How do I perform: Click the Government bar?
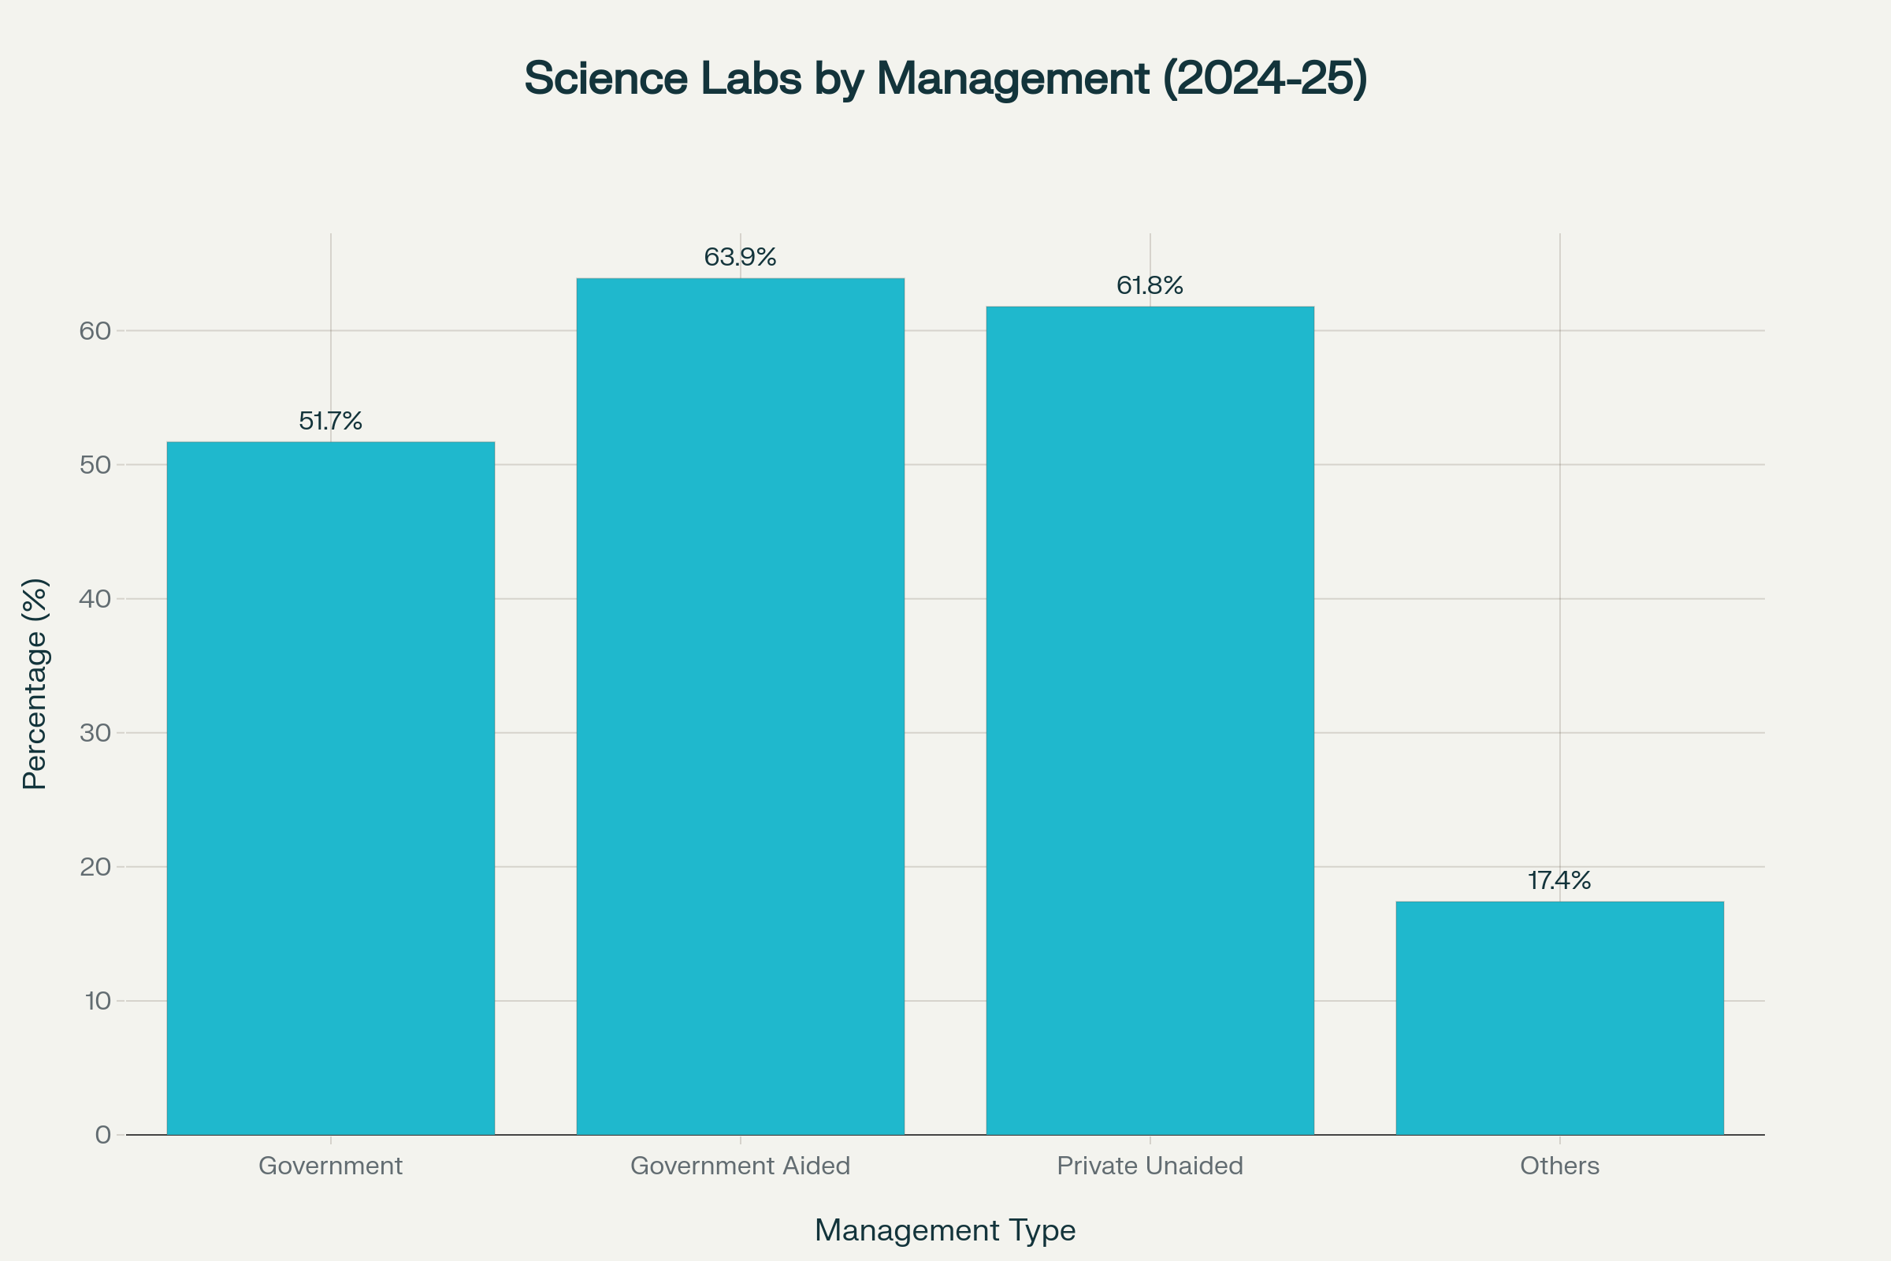(x=330, y=788)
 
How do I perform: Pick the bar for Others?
(x=1560, y=1018)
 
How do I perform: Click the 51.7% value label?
(x=330, y=421)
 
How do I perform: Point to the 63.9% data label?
(x=740, y=258)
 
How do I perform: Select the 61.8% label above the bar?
(x=1150, y=285)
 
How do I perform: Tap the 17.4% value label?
(x=1560, y=880)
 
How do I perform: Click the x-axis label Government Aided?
(x=740, y=1166)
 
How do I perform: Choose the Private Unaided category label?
(x=1150, y=1166)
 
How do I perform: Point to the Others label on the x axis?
(x=1560, y=1166)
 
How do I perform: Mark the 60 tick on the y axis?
(x=95, y=330)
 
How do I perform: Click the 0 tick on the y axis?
(x=103, y=1135)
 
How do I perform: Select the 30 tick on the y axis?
(x=95, y=733)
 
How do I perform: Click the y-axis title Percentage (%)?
(x=35, y=683)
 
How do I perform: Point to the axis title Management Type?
(x=945, y=1230)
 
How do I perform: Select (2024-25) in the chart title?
(x=1265, y=78)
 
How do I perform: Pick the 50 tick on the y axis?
(x=95, y=465)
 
